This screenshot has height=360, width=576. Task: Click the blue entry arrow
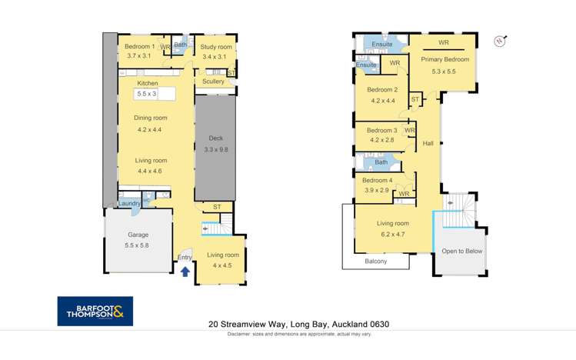[x=185, y=270]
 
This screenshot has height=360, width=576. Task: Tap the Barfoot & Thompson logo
[x=95, y=311]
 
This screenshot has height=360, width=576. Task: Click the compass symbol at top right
[x=501, y=40]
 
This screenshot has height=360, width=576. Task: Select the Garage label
[x=138, y=235]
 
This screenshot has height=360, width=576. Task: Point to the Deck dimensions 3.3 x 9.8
[x=215, y=149]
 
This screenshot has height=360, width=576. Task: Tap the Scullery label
[x=213, y=82]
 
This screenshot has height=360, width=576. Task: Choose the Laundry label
[x=129, y=203]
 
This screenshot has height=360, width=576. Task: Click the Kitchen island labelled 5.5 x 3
[x=146, y=94]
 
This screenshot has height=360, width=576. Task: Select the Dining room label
[x=151, y=118]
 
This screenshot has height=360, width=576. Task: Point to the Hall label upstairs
[x=428, y=143]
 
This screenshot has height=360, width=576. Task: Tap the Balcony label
[x=375, y=262]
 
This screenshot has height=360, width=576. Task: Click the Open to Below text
[x=461, y=251]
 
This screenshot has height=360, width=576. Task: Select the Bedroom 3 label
[x=381, y=130]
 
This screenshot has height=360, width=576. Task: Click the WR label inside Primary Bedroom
[x=444, y=43]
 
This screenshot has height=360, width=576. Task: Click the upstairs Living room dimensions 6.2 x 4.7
[x=392, y=234]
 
